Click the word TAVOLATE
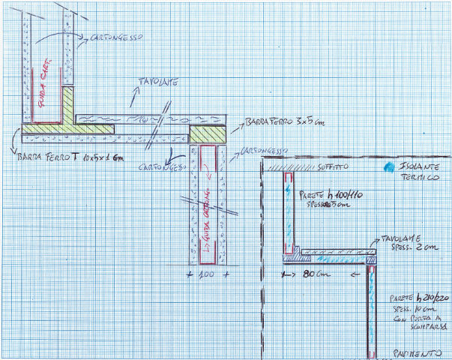(157, 82)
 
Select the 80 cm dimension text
(307, 274)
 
